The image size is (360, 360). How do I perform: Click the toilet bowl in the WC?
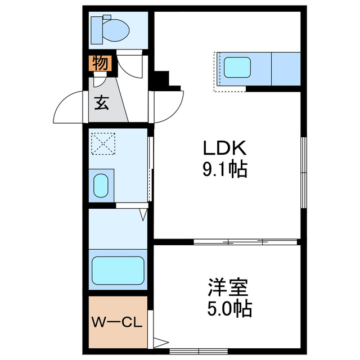click(116, 30)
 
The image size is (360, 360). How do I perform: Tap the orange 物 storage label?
click(101, 63)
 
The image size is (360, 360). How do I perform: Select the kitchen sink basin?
click(237, 67)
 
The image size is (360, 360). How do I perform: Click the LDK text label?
click(225, 148)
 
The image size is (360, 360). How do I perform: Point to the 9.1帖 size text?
click(225, 169)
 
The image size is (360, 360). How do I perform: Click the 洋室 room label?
click(228, 287)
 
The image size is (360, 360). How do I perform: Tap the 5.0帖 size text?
click(229, 309)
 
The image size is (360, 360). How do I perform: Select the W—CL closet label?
click(117, 322)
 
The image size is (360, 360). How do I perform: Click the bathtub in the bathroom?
click(118, 271)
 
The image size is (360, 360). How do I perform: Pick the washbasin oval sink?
click(101, 186)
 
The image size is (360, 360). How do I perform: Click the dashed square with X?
click(103, 143)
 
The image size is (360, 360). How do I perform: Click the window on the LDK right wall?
click(304, 173)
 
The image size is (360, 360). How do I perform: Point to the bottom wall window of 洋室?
click(199, 351)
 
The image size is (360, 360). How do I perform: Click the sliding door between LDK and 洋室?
click(245, 242)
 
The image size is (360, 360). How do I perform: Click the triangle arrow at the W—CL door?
click(161, 343)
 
